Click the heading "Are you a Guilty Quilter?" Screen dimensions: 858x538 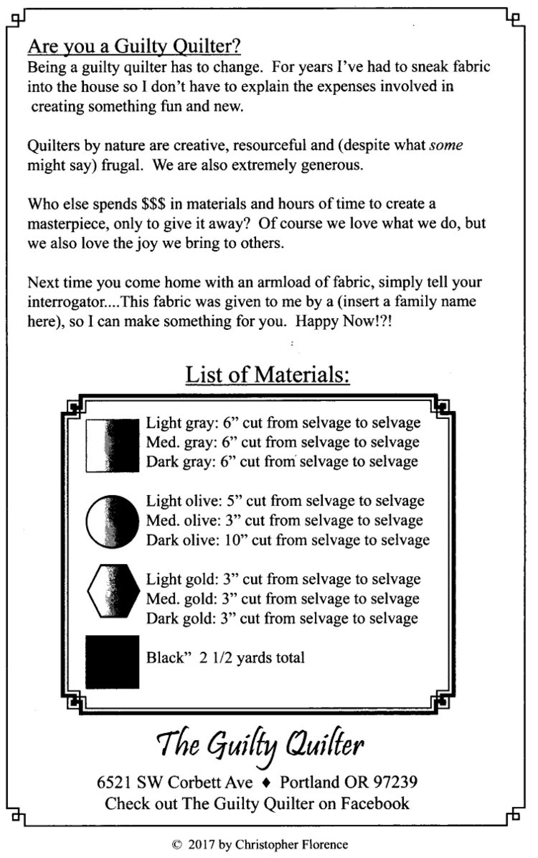134,47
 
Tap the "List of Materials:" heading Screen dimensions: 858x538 268,375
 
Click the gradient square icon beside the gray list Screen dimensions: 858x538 113,446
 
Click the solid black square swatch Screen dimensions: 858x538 113,662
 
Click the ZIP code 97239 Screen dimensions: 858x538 395,782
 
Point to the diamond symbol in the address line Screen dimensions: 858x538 266,783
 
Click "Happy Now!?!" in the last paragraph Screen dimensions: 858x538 343,322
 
